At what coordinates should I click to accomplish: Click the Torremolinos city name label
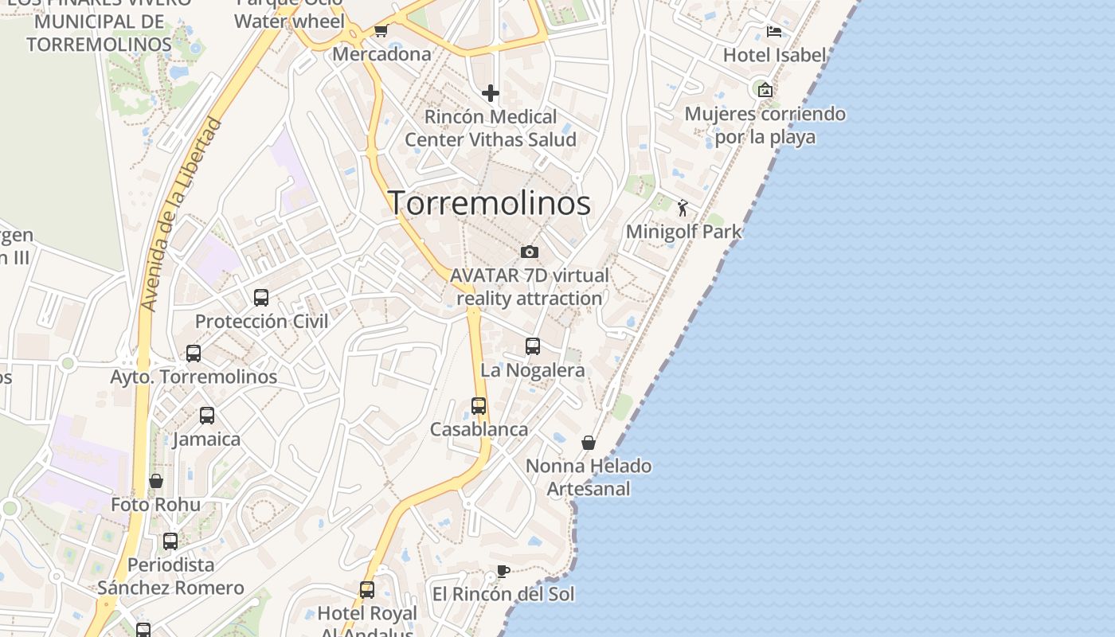pos(489,203)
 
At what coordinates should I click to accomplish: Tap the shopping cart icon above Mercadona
pos(381,31)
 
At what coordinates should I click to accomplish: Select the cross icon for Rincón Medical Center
pos(491,93)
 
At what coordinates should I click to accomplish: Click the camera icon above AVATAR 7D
pos(530,252)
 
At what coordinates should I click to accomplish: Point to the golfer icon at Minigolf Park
pos(683,209)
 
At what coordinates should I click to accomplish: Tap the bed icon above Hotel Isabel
pos(774,32)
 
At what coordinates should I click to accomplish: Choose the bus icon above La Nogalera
pos(533,346)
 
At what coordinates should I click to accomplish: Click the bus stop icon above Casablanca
pos(479,406)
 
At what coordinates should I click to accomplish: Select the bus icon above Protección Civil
pos(261,298)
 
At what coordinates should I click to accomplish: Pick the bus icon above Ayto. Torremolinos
pos(194,354)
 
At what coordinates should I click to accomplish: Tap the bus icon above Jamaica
pos(207,416)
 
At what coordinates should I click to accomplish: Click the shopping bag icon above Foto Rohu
pos(156,481)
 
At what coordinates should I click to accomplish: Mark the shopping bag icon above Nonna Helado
pos(589,443)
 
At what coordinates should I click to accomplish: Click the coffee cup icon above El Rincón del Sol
pos(503,571)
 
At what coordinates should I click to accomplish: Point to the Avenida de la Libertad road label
pos(181,215)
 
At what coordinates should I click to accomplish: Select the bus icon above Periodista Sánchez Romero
pos(170,541)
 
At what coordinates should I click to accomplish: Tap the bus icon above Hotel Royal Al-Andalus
pos(367,590)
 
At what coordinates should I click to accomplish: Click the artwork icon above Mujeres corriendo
pos(765,90)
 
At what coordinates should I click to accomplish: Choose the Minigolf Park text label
pos(683,232)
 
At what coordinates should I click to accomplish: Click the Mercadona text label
pos(381,54)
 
